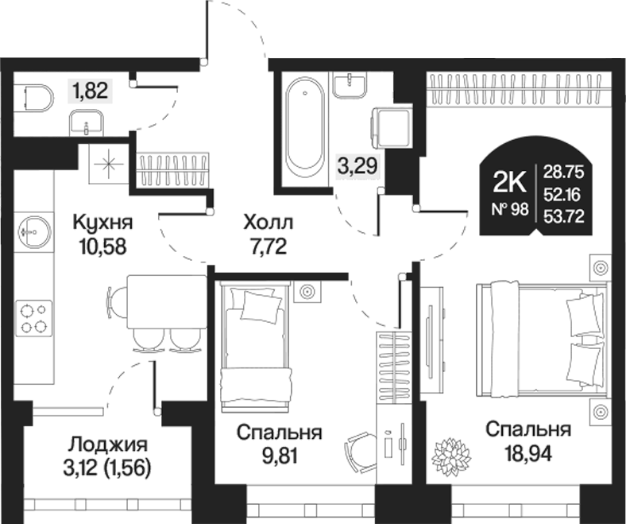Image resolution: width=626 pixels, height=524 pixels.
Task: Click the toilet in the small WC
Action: (x=37, y=99)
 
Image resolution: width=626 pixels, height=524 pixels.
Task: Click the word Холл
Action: (x=268, y=221)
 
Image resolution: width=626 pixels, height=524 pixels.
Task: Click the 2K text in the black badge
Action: (x=510, y=184)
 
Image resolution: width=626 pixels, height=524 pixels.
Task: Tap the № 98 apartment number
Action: (x=510, y=209)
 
